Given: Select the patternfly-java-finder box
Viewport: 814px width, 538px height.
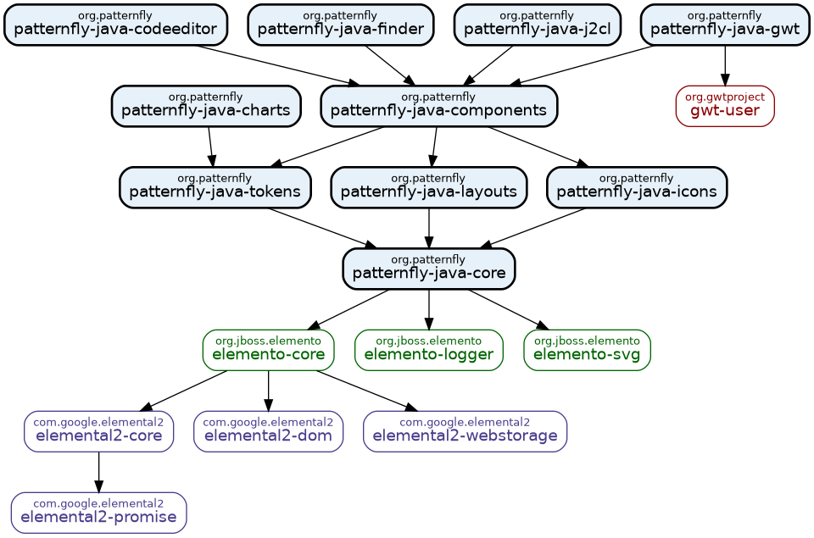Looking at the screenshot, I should point(340,25).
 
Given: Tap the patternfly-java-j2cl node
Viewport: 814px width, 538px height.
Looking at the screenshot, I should point(537,25).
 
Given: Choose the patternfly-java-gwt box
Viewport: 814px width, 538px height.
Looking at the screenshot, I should point(724,25).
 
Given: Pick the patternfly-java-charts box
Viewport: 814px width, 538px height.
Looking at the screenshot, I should point(206,106).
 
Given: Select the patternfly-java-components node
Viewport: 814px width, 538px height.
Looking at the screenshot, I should point(438,106).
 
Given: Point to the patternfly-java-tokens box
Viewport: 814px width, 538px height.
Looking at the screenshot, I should point(215,187).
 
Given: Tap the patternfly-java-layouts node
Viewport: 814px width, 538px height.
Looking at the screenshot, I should point(428,187).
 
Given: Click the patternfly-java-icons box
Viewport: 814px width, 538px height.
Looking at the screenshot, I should point(636,187).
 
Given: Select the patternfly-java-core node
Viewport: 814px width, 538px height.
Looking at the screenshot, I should point(428,269).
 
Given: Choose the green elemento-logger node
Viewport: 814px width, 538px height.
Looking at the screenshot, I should point(428,350).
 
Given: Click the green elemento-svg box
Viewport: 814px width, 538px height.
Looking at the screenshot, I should point(587,350).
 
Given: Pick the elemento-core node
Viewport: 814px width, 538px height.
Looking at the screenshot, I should point(268,350).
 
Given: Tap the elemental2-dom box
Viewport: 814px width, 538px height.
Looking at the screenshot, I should point(268,431).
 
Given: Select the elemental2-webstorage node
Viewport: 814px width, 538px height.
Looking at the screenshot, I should point(465,431).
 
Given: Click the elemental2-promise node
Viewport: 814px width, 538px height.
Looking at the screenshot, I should point(98,513).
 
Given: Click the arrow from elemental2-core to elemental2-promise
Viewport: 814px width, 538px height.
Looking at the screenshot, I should point(98,472).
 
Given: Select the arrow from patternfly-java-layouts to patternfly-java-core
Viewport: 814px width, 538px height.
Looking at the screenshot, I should point(428,228).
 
